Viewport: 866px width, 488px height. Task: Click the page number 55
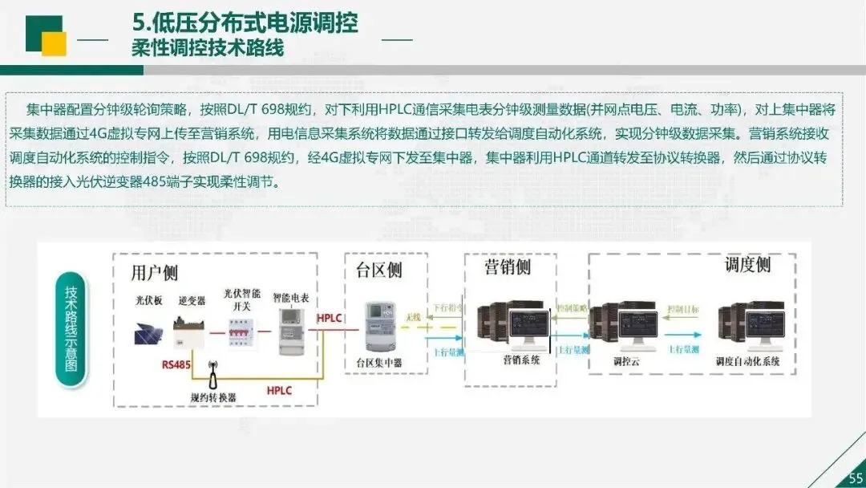pos(855,479)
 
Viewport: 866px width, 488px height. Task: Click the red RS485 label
pos(176,364)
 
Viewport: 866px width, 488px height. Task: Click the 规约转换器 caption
pos(213,396)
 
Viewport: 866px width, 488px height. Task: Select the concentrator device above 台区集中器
pos(379,327)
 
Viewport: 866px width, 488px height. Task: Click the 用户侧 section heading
pos(155,272)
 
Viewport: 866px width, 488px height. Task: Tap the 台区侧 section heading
pos(378,270)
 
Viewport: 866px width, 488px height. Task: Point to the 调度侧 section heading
pos(747,266)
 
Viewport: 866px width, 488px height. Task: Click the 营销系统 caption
pos(521,360)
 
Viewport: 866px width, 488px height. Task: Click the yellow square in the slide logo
pos(54,43)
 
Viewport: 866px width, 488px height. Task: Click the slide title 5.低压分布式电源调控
pos(245,22)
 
